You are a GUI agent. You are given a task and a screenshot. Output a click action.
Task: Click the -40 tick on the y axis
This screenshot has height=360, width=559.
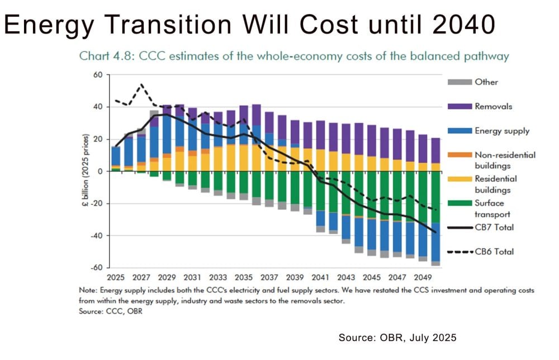pyautogui.click(x=98, y=235)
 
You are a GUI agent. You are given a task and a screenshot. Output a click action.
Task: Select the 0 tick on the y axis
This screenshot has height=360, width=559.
pyautogui.click(x=102, y=171)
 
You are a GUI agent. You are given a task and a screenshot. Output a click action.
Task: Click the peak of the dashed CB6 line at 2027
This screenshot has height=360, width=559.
pyautogui.click(x=141, y=84)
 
